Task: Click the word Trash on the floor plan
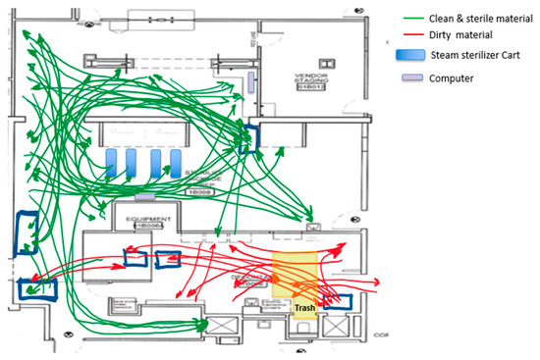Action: pyautogui.click(x=305, y=309)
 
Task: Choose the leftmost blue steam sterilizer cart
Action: pyautogui.click(x=112, y=161)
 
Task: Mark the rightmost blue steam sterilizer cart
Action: pyautogui.click(x=177, y=161)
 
